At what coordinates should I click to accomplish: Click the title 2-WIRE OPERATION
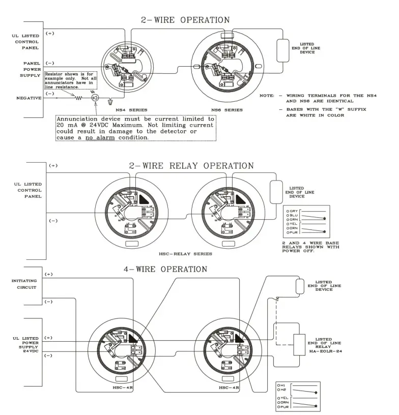[x=185, y=20]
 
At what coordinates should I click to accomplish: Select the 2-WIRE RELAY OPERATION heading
[x=191, y=166]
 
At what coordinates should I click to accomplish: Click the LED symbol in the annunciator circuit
[x=95, y=98]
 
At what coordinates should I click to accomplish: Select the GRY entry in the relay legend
[x=294, y=210]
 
